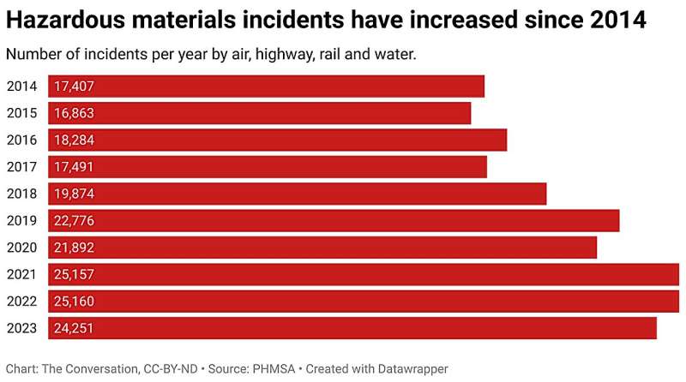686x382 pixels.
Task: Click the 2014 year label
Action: [x=21, y=87]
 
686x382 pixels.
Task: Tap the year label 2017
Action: [x=21, y=167]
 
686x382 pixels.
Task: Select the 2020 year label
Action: [x=21, y=248]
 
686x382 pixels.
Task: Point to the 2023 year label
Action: [x=21, y=328]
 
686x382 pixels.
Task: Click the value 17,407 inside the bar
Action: [x=74, y=87]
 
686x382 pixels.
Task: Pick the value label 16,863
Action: [x=74, y=113]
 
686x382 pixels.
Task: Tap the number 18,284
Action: [x=74, y=140]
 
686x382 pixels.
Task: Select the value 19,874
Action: [x=74, y=194]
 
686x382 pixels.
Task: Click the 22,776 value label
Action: [x=74, y=221]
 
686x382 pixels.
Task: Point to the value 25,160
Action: [x=74, y=301]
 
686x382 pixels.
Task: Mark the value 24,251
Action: [x=74, y=328]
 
